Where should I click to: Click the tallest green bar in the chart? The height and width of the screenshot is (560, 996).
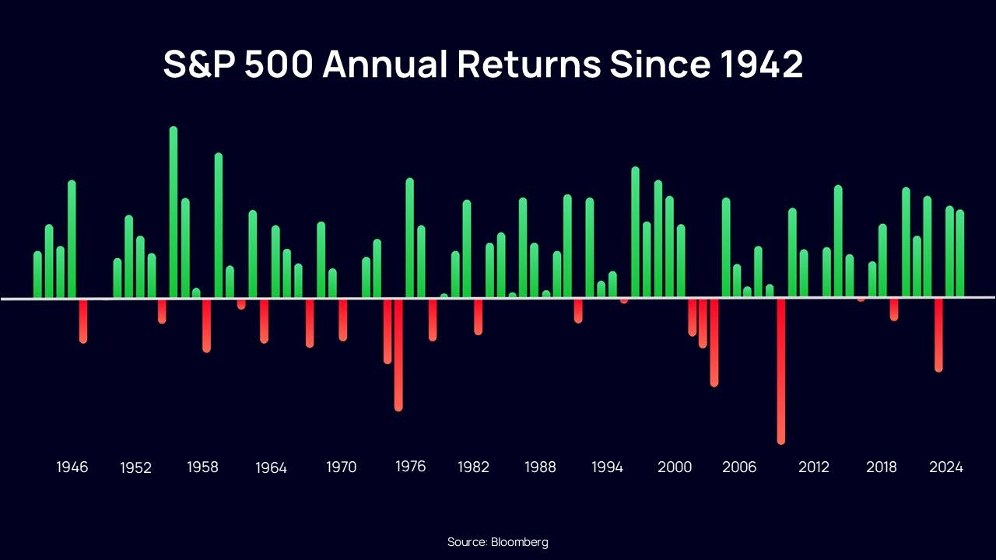pyautogui.click(x=174, y=212)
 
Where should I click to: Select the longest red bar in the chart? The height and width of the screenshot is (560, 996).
pyautogui.click(x=781, y=371)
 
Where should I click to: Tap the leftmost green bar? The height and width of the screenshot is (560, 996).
pyautogui.click(x=37, y=275)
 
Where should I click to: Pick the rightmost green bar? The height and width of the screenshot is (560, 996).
pyautogui.click(x=960, y=254)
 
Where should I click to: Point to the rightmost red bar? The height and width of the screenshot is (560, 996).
pyautogui.click(x=938, y=334)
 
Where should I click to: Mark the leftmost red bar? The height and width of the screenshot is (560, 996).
pyautogui.click(x=83, y=320)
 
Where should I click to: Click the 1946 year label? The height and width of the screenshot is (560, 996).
pyautogui.click(x=72, y=467)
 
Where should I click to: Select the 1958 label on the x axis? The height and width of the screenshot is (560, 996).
pyautogui.click(x=202, y=467)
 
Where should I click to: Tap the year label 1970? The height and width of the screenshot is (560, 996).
pyautogui.click(x=341, y=467)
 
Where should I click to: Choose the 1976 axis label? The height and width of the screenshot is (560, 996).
pyautogui.click(x=411, y=467)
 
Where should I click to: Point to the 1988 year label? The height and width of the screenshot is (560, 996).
pyautogui.click(x=540, y=467)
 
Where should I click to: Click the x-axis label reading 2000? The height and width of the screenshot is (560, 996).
pyautogui.click(x=675, y=467)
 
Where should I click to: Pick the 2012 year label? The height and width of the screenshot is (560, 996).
pyautogui.click(x=813, y=467)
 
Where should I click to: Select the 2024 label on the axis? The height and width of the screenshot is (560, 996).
pyautogui.click(x=946, y=467)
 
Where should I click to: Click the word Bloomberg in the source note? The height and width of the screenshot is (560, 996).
pyautogui.click(x=519, y=542)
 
